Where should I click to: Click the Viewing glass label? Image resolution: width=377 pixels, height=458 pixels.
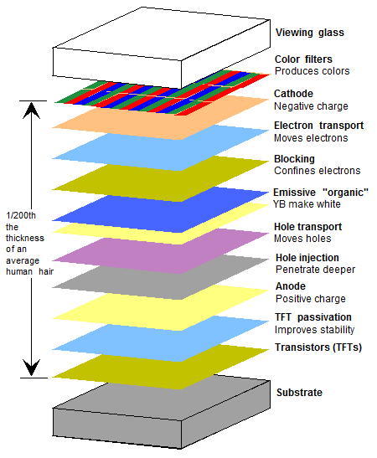tap(310, 33)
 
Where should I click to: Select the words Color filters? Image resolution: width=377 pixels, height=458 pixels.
tap(303, 59)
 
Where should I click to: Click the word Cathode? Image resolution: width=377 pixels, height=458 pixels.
tap(294, 94)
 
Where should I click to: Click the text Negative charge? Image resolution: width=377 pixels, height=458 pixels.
tap(308, 106)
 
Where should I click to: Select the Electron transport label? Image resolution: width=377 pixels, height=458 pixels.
tap(318, 126)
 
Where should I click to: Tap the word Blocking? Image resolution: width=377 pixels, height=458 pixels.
tap(294, 158)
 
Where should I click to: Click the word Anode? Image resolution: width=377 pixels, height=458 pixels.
tap(291, 286)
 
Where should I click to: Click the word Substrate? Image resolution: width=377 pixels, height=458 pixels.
tap(298, 392)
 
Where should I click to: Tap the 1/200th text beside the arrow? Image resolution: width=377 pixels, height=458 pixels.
tap(18, 214)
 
